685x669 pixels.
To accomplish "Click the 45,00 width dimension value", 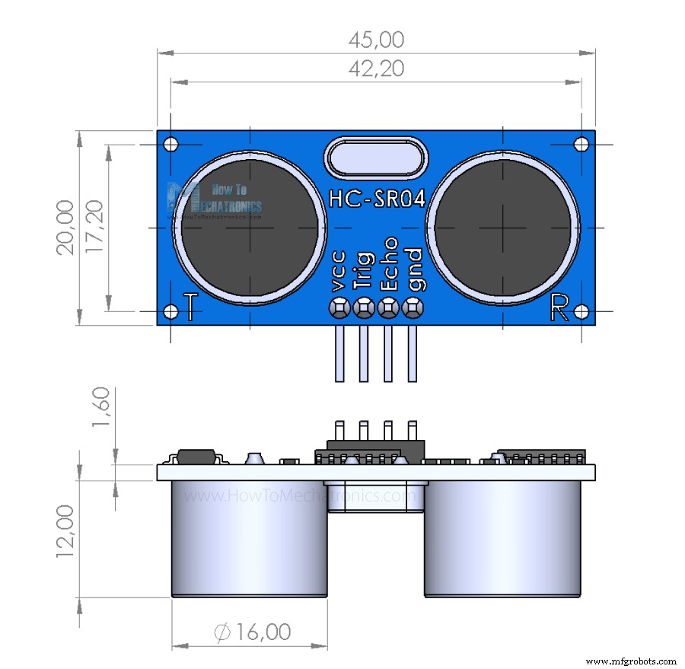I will tap(376, 40).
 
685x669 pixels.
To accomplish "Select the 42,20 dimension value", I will tap(376, 68).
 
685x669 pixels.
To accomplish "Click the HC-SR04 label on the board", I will tap(376, 198).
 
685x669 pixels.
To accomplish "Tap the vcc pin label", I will tap(339, 270).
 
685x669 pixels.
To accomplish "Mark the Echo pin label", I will tap(388, 263).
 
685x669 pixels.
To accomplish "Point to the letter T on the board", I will tap(193, 307).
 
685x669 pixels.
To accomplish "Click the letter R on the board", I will tap(559, 307).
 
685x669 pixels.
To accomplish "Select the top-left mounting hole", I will tap(171, 144).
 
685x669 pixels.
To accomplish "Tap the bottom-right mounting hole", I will tap(581, 311).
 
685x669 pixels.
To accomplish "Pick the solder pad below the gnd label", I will tap(413, 307).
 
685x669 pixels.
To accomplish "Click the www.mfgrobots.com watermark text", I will tap(632, 661).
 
